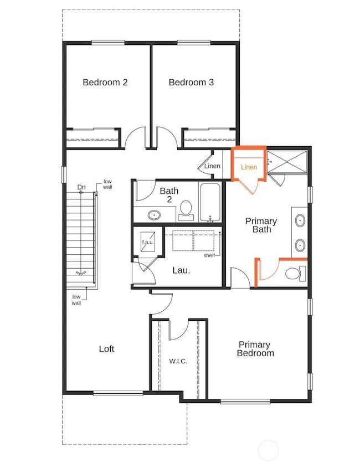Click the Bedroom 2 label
(x=105, y=83)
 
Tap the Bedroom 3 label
(x=191, y=83)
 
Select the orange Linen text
(x=249, y=167)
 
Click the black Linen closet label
(x=212, y=166)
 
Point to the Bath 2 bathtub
(x=210, y=202)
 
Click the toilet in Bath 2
(x=186, y=208)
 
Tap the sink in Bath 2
(x=154, y=214)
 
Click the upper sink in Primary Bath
(x=300, y=220)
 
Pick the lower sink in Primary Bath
(x=300, y=245)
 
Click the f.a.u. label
(x=147, y=242)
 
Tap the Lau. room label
(x=181, y=271)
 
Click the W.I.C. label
(x=178, y=361)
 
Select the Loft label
(x=106, y=348)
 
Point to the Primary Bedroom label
(x=255, y=348)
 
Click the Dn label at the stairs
(x=81, y=187)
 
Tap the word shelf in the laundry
(x=209, y=255)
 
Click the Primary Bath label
(x=261, y=225)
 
